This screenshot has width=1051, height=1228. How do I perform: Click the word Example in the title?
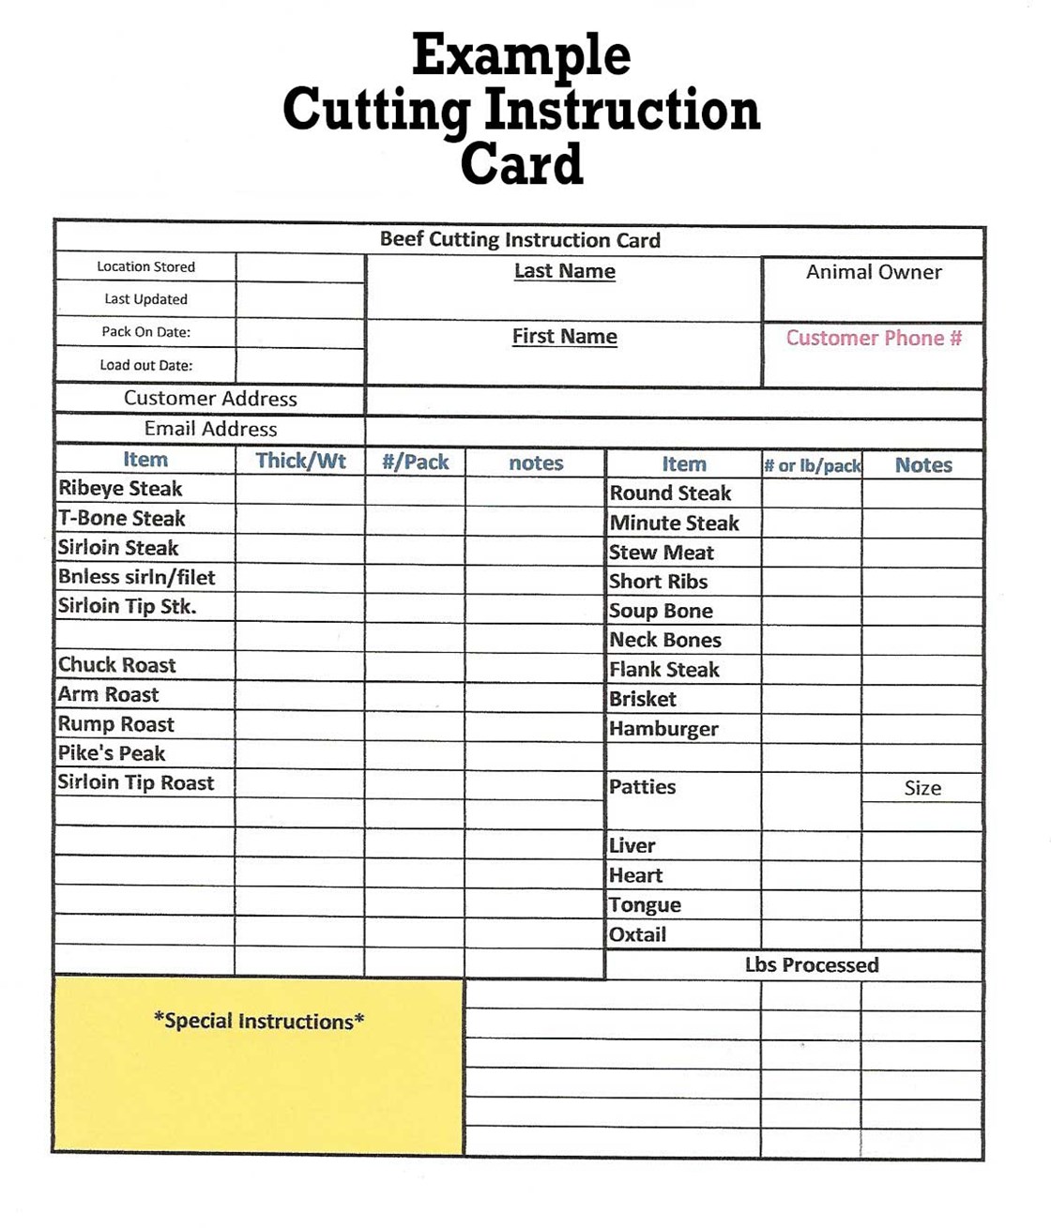tap(521, 56)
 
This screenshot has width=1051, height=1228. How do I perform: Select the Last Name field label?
tap(564, 271)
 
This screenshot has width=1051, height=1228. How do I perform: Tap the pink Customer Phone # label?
tap(874, 338)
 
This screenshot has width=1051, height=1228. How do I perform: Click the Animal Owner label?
tap(874, 272)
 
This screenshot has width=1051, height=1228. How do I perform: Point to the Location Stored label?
tap(145, 266)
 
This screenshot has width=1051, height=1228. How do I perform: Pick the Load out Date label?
tap(145, 365)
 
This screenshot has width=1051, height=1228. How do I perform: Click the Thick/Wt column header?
tap(300, 461)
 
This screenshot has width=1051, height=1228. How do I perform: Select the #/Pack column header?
tap(415, 462)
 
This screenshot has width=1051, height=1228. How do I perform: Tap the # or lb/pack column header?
tap(812, 465)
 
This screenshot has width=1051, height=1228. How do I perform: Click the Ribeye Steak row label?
tap(120, 489)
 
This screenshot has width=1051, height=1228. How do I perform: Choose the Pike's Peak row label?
tap(112, 753)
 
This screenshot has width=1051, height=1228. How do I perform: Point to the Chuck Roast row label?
tap(117, 665)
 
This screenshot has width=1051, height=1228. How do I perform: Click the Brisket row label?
tap(643, 699)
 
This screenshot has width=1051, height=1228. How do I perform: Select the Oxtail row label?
tap(638, 934)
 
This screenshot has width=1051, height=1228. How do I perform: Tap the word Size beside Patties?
tap(922, 788)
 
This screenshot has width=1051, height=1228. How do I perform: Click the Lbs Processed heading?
tap(812, 965)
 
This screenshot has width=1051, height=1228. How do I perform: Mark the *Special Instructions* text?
tap(259, 1021)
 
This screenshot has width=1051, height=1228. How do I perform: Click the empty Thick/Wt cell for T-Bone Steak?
tap(300, 519)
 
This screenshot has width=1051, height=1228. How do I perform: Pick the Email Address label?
tap(210, 429)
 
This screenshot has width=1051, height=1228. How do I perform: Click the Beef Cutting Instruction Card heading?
tap(520, 240)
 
